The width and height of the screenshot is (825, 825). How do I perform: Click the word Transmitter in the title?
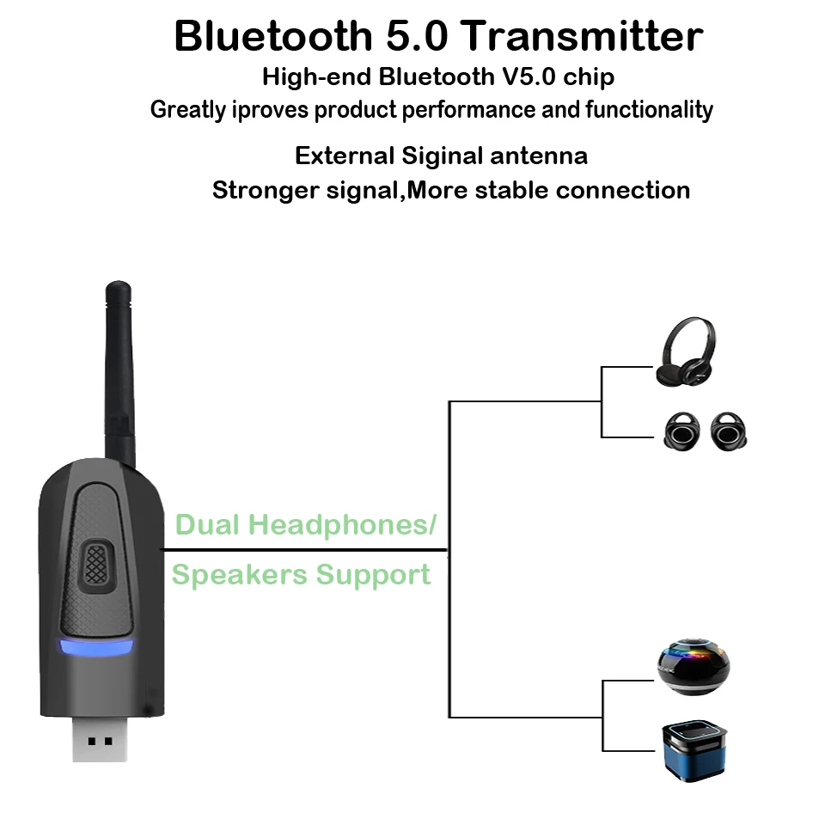tap(582, 36)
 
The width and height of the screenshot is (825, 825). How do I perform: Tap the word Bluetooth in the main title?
tap(273, 36)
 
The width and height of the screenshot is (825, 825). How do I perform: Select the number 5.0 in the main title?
tap(417, 36)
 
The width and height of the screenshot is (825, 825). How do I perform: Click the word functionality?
tap(650, 110)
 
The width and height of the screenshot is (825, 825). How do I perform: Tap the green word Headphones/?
tap(343, 524)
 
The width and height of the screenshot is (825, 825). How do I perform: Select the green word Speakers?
tap(240, 574)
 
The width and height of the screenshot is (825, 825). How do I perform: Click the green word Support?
tap(373, 575)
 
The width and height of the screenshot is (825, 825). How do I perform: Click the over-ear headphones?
tap(686, 351)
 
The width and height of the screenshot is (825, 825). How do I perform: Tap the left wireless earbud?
tap(681, 431)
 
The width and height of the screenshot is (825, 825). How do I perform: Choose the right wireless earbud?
tap(729, 431)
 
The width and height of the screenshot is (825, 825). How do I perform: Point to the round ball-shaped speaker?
tap(694, 667)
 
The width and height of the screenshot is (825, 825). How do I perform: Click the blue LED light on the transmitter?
tap(96, 647)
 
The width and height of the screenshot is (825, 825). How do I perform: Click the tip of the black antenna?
tap(119, 282)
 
